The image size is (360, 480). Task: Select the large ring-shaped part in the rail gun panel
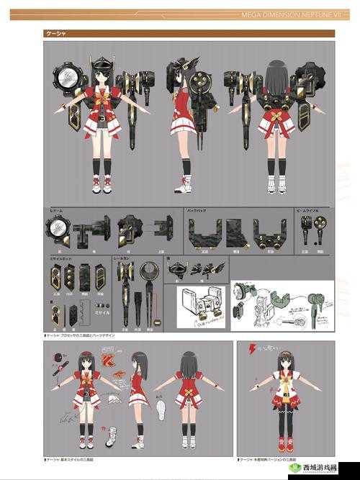click(150, 271)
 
